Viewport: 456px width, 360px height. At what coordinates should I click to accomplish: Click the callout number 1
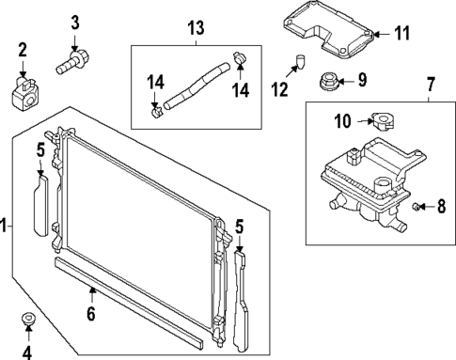5,226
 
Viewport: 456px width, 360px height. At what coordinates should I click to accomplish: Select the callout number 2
23,49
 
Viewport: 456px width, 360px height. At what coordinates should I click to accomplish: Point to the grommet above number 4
28,320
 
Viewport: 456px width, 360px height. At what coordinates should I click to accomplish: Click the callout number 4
27,352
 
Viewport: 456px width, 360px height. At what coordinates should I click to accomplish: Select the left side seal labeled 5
42,203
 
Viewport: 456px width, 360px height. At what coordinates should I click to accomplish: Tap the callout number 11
401,34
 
